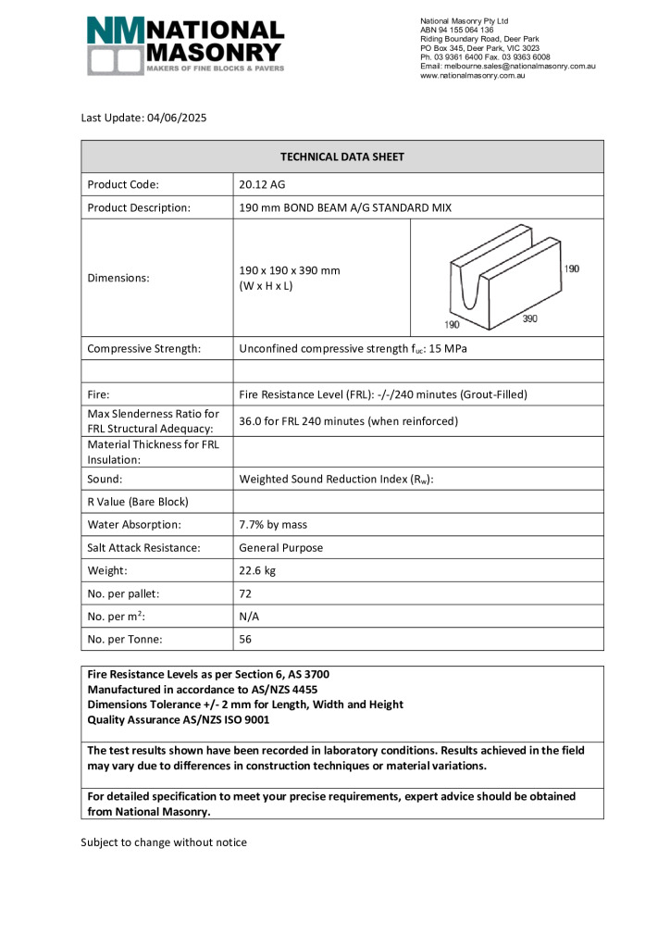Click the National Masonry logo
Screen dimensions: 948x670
(185, 45)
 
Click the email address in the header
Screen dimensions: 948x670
(507, 67)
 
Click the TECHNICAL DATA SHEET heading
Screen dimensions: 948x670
(342, 156)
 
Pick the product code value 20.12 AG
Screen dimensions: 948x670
(263, 183)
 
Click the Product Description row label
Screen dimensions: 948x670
(139, 207)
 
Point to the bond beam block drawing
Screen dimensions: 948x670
(500, 278)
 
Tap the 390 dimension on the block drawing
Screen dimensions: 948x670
(528, 318)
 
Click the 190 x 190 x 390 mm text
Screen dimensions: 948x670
(290, 270)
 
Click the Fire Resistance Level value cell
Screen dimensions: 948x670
(383, 393)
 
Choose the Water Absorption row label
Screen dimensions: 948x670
(134, 524)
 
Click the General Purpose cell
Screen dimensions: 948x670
(281, 547)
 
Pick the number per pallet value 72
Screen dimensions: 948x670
(246, 593)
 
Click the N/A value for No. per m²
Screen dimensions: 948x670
(250, 616)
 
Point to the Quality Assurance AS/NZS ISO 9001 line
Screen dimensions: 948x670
(178, 719)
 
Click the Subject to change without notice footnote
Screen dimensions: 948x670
(164, 842)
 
